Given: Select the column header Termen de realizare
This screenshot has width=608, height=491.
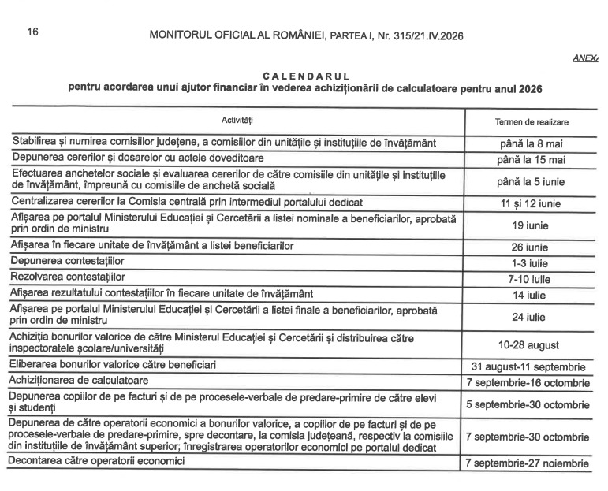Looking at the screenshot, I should coord(531,122).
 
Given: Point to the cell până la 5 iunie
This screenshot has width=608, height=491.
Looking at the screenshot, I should coord(531,182).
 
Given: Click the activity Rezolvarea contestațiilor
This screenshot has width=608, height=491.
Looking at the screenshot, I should coord(68,277).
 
